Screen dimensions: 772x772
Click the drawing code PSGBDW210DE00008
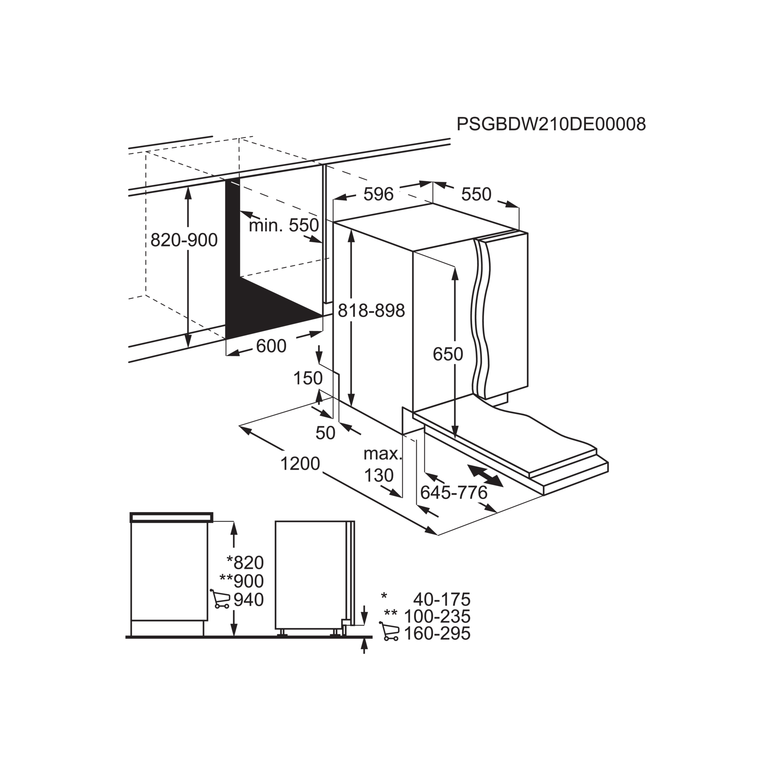(x=551, y=124)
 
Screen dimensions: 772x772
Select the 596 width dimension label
(x=378, y=194)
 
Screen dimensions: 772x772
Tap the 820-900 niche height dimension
(x=184, y=240)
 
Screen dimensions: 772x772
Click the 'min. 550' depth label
(x=284, y=226)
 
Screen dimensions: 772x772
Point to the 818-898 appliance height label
(x=371, y=310)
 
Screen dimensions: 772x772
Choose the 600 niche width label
(x=271, y=346)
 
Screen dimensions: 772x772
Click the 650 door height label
(x=447, y=354)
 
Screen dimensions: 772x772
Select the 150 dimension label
(x=308, y=378)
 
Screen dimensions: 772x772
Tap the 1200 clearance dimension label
(x=300, y=464)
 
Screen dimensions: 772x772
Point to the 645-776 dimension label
(x=454, y=493)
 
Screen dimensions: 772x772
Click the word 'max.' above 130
(x=382, y=454)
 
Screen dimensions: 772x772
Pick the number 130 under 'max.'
(x=378, y=476)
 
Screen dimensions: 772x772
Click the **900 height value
(x=242, y=581)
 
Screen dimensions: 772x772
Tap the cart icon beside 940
(x=220, y=599)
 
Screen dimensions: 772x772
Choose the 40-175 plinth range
(x=442, y=599)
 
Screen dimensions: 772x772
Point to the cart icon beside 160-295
(x=389, y=632)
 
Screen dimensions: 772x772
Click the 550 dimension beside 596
(x=476, y=194)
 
